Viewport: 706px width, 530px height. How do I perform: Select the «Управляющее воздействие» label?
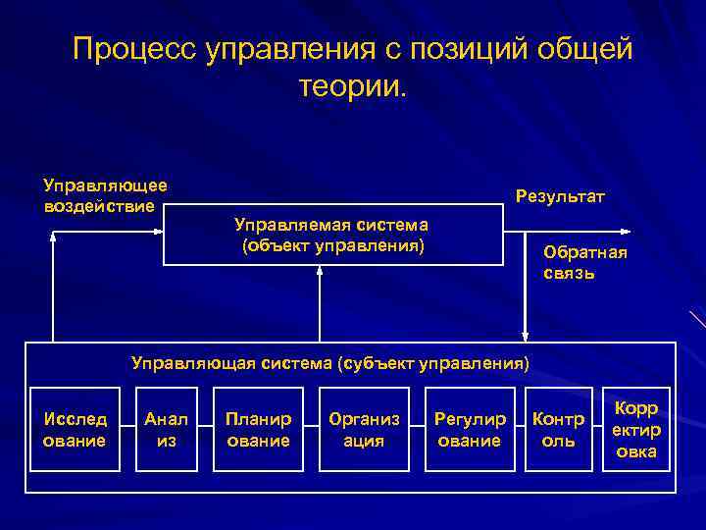(x=105, y=195)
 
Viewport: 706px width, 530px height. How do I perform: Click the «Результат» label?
(x=560, y=197)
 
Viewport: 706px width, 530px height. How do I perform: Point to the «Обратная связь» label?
(x=585, y=262)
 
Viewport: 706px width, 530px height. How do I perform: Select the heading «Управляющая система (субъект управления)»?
(x=330, y=364)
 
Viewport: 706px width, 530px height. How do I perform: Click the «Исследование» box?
(x=75, y=430)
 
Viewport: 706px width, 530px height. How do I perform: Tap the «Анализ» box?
(x=167, y=430)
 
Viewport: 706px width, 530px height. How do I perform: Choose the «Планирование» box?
(x=258, y=430)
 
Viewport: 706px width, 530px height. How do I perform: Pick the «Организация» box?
(x=364, y=430)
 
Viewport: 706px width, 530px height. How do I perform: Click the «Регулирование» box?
(x=470, y=430)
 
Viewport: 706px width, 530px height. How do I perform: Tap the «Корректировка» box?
(x=636, y=430)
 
